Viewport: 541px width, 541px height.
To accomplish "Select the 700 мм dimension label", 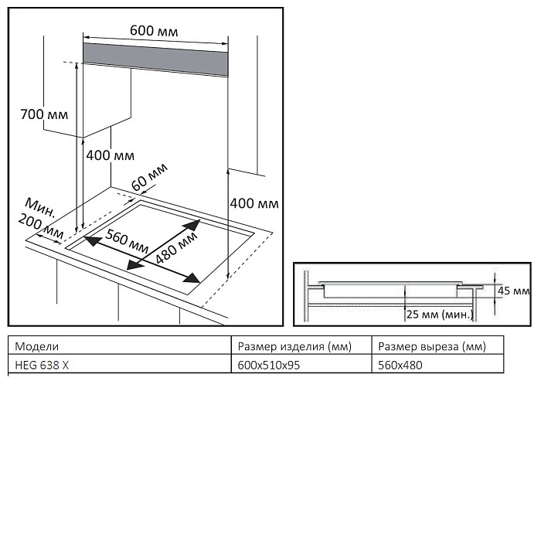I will coord(43,114).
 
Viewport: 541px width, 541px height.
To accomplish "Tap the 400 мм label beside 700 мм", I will coord(110,155).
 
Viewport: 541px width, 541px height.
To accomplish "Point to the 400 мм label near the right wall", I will coord(254,204).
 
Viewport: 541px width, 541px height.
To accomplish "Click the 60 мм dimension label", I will coord(149,180).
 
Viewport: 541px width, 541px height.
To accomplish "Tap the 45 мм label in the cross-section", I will coord(512,291).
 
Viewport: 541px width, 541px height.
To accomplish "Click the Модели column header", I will coord(36,346).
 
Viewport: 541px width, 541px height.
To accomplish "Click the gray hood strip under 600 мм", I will coord(155,58).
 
